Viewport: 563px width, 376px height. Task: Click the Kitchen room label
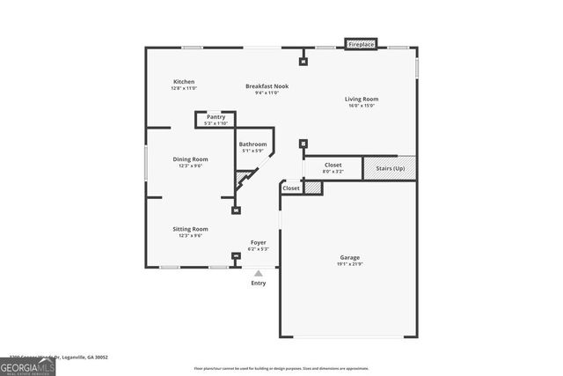point(184,82)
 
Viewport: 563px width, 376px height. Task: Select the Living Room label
point(361,100)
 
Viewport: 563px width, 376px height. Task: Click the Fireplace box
point(361,44)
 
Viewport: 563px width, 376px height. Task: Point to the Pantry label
point(216,117)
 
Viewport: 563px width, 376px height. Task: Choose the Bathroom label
point(252,144)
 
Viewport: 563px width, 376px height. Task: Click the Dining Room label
point(191,159)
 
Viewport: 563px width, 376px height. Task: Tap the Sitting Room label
point(191,229)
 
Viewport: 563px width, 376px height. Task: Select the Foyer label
point(259,242)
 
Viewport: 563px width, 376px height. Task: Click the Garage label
point(349,258)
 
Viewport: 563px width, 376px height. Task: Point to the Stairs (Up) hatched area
point(390,167)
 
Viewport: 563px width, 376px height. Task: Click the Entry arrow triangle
point(259,274)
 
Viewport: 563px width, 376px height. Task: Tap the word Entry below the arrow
point(259,284)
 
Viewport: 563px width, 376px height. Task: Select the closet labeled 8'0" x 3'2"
point(333,167)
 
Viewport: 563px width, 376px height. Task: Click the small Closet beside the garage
point(291,188)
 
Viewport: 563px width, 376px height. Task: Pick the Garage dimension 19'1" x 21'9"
point(349,264)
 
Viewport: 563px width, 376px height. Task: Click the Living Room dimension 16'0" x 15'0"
point(361,106)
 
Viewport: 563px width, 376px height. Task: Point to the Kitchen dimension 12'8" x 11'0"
point(184,88)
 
